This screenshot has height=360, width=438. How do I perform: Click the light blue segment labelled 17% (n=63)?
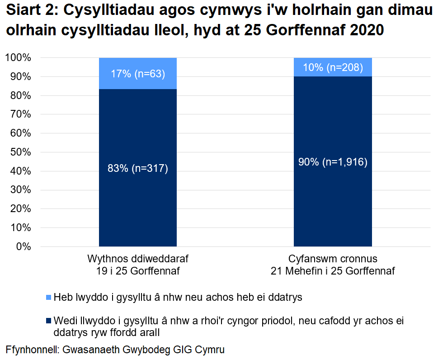pos(137,73)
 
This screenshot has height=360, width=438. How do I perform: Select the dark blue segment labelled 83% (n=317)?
pos(137,168)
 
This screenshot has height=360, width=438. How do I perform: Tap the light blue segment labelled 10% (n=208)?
pos(333,67)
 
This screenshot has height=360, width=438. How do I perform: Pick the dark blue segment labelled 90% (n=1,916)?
pos(333,162)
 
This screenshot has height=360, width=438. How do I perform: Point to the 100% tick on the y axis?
pos(18,58)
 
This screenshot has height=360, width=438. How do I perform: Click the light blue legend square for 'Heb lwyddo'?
pos(48,298)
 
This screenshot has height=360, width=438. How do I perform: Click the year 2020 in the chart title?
pos(363,29)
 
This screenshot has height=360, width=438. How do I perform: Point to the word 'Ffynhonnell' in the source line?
pos(32,350)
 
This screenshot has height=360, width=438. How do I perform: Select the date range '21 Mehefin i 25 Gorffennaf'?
pos(333,271)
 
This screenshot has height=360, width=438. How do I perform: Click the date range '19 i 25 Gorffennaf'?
pos(137,271)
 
